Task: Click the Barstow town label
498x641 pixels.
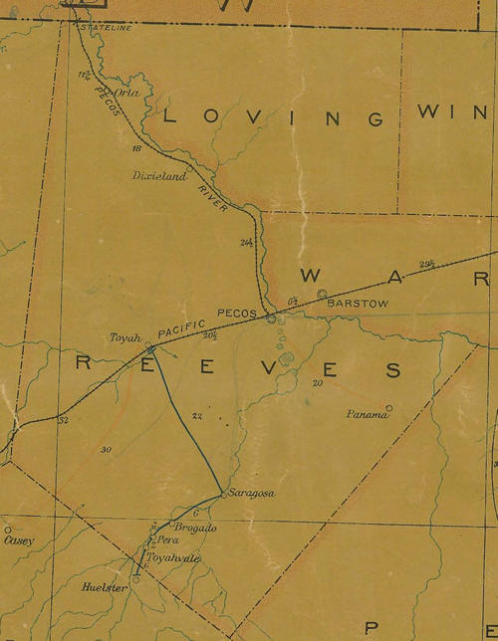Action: pos(354,304)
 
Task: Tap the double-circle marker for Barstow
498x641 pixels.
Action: pos(322,293)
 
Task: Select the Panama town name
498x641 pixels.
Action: pos(365,414)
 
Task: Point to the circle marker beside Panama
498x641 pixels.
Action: pos(389,407)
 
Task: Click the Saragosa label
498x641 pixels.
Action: pos(250,494)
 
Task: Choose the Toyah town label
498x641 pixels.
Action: pos(126,337)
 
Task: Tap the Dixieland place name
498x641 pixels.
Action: pos(159,175)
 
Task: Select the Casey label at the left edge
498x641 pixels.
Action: pos(19,541)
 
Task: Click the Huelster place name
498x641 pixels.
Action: pos(104,588)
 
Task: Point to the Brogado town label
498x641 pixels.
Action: pos(195,528)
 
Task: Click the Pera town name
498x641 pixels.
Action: pos(166,539)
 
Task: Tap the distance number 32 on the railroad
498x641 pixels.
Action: pos(65,420)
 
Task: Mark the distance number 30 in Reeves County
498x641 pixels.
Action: pos(106,450)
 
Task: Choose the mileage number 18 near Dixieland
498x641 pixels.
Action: pos(136,148)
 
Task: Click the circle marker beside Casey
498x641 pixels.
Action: pos(7,530)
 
